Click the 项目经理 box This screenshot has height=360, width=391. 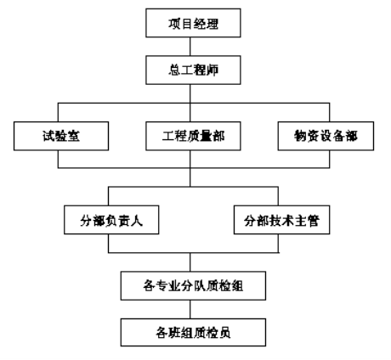(x=193, y=23)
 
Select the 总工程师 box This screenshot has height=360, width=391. (x=193, y=70)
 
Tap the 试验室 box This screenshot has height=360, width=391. (x=61, y=136)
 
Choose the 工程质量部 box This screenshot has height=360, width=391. (x=193, y=136)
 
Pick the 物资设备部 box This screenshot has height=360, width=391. (x=326, y=136)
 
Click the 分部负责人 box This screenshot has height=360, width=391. (x=111, y=220)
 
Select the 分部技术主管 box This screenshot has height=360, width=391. (x=281, y=220)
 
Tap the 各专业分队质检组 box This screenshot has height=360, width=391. (x=193, y=285)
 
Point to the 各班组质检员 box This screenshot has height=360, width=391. (x=193, y=333)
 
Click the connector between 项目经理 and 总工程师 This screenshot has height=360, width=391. (x=190, y=47)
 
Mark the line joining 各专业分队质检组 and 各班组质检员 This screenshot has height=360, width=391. (x=190, y=309)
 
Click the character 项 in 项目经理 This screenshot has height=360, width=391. (x=174, y=24)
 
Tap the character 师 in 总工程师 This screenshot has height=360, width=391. (x=212, y=70)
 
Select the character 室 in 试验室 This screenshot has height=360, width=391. (x=74, y=136)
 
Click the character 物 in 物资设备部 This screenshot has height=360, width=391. (x=300, y=136)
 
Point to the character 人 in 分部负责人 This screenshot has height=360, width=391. (x=137, y=221)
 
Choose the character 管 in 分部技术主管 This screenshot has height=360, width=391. (x=313, y=221)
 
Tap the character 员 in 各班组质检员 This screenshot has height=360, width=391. (x=224, y=333)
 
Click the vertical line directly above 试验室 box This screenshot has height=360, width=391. (x=58, y=112)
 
